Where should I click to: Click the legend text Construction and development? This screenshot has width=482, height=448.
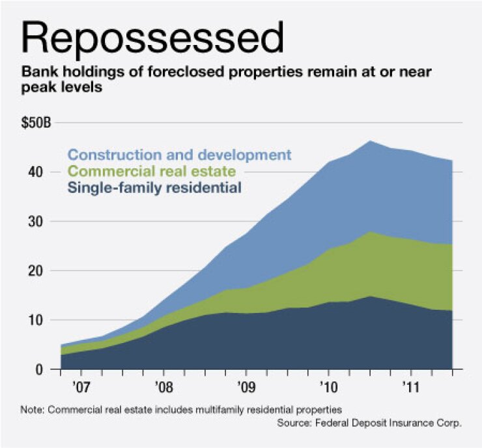(178, 155)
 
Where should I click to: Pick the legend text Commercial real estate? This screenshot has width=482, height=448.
(150, 172)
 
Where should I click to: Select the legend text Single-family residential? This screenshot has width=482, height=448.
(154, 188)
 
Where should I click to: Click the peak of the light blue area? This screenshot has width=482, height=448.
(369, 141)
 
